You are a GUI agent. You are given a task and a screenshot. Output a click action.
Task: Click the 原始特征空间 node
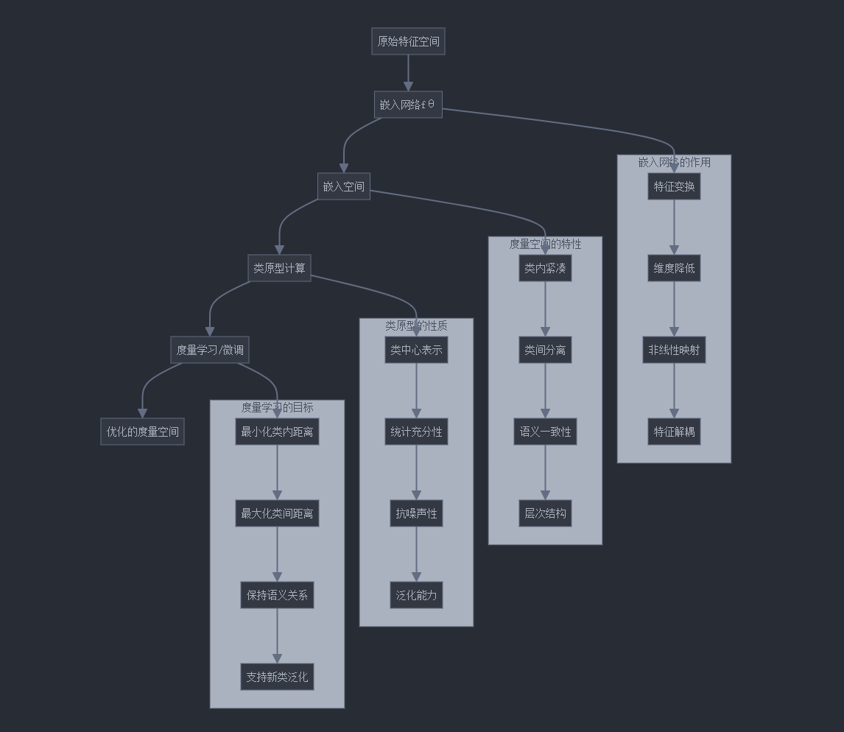click(408, 41)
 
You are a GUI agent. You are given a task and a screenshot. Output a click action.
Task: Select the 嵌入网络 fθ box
click(408, 105)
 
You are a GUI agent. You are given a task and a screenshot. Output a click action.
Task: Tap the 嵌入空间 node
click(343, 186)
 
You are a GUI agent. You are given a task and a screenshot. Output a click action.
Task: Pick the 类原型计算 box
click(279, 268)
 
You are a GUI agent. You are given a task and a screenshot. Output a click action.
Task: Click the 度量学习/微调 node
click(210, 350)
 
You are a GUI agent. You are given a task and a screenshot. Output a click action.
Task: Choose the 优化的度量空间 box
click(142, 432)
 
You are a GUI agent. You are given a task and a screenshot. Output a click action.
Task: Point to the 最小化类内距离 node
click(277, 432)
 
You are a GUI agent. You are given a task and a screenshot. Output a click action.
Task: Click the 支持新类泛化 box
click(277, 677)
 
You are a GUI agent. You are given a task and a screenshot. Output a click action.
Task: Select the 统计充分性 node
click(416, 432)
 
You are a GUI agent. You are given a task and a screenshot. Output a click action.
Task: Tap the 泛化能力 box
click(416, 595)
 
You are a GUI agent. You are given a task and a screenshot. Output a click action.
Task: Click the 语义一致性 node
click(545, 432)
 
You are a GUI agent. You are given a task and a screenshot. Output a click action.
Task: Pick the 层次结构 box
click(545, 513)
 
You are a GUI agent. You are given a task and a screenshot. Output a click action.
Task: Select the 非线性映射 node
click(674, 350)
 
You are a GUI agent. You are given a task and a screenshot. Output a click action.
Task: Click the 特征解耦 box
click(674, 432)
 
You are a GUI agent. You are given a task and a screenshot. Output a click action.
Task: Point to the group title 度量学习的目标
click(277, 407)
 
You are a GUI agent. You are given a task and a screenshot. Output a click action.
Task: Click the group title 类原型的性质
click(416, 325)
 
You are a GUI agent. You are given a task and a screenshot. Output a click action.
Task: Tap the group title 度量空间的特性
click(545, 244)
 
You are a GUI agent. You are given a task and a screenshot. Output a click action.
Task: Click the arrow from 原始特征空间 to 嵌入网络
click(408, 73)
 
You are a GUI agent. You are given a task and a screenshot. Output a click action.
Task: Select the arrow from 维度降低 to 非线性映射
click(674, 309)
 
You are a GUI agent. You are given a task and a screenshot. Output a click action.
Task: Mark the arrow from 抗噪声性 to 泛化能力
click(416, 555)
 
